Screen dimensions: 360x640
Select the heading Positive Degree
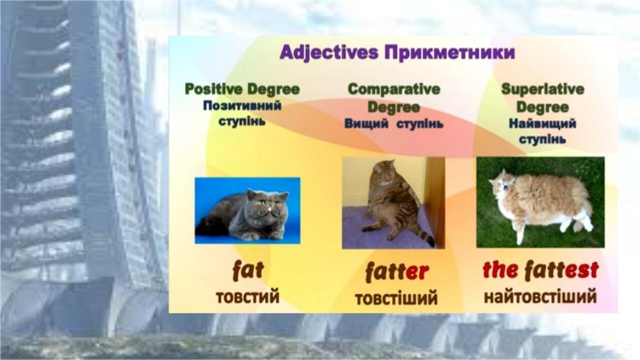242,89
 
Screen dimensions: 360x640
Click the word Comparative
394,89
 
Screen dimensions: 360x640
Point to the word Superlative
542,89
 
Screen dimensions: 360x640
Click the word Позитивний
242,106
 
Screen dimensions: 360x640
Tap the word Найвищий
542,123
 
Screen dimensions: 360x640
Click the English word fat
247,270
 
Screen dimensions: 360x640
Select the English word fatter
396,272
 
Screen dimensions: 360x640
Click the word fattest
561,270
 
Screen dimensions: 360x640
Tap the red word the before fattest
500,270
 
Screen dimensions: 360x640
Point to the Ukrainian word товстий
247,297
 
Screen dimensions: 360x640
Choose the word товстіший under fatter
396,298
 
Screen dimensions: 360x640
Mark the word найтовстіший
540,297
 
